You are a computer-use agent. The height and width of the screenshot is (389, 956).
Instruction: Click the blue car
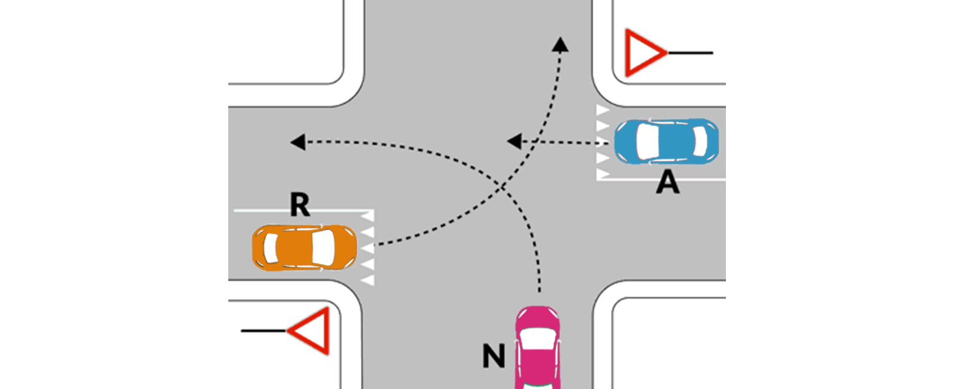coord(667,141)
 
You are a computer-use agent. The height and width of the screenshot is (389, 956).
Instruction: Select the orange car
coord(304,248)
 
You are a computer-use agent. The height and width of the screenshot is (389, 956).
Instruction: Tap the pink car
coord(538,347)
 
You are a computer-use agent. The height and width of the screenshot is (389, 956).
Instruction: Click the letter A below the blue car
coord(668,183)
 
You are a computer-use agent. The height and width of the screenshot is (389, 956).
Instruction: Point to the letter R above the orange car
coord(299,205)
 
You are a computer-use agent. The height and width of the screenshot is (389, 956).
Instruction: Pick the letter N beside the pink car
coord(494,355)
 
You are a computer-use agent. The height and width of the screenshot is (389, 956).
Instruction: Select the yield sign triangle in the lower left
coord(308,331)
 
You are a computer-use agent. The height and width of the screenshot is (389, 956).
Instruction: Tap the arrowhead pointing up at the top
coord(560,44)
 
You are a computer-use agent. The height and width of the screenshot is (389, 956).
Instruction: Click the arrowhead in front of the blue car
coord(514,141)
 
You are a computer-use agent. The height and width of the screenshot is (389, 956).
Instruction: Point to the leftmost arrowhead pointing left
coord(298,142)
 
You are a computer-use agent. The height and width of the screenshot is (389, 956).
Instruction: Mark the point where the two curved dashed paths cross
coord(502,187)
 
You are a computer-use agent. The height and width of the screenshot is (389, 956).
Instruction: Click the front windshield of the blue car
coord(647,141)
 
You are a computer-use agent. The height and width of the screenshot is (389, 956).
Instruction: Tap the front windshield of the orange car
coord(323,248)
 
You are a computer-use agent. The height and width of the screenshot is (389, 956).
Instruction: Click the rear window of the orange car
coord(271,248)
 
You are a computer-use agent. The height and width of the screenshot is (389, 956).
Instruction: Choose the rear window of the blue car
coord(700,141)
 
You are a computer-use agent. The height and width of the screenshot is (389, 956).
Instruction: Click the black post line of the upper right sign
coord(690,53)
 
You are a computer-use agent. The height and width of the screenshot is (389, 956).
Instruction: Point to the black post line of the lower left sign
coord(264,331)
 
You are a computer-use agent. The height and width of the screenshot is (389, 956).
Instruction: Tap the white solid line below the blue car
coord(661,180)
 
